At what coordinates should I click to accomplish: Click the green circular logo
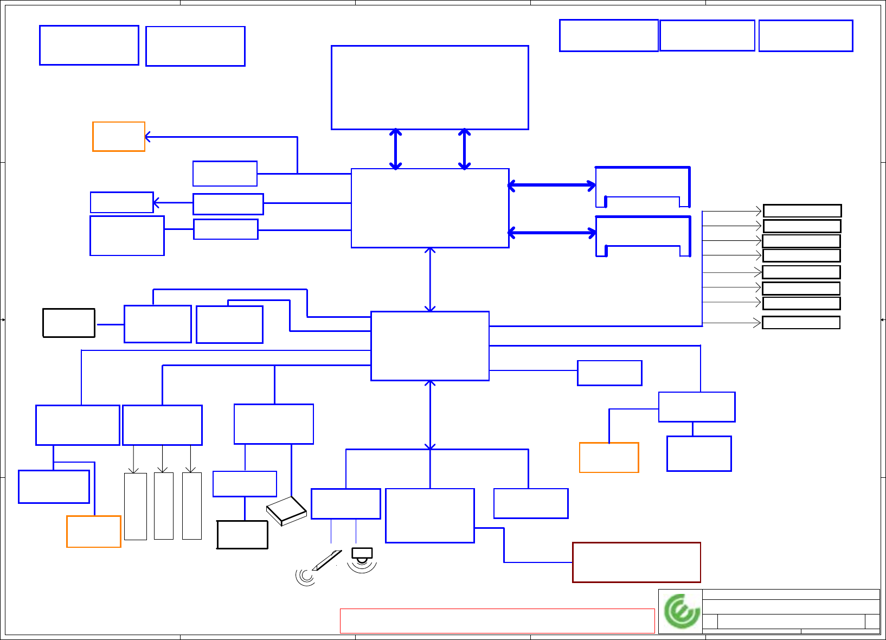682,611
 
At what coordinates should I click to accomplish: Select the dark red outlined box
636,562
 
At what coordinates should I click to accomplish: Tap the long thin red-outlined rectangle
497,620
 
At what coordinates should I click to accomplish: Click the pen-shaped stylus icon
326,560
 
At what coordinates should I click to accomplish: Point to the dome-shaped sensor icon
362,555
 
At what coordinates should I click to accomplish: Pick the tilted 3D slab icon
287,510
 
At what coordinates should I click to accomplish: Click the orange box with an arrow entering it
118,137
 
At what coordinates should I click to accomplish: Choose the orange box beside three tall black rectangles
93,532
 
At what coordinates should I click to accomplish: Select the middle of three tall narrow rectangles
163,506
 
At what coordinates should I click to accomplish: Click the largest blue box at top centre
429,87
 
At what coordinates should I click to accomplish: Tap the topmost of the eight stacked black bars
802,211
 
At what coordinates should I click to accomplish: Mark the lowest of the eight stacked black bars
801,323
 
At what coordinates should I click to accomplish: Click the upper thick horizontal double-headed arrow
551,185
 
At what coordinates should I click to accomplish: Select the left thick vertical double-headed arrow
396,149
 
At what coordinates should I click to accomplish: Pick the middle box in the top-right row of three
707,36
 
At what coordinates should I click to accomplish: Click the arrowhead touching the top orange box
148,137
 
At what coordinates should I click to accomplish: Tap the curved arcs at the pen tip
305,577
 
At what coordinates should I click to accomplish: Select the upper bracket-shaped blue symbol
643,187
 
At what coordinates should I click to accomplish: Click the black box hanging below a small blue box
242,535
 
